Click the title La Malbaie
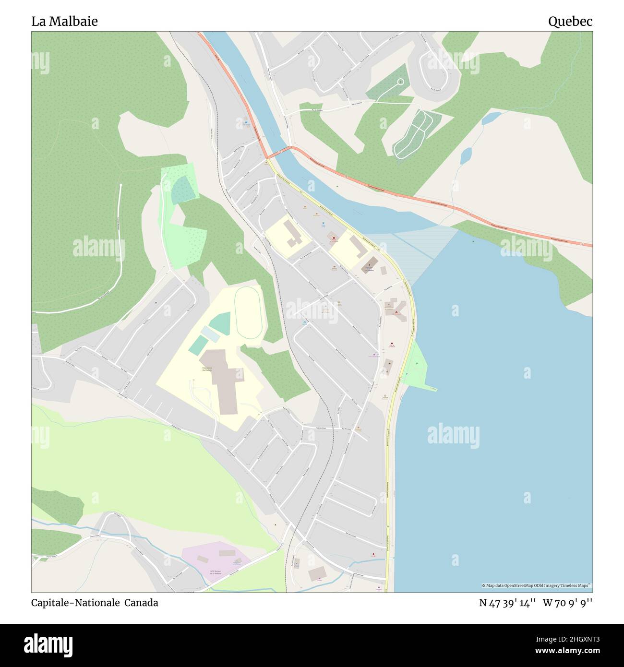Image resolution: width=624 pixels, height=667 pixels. point(64,21)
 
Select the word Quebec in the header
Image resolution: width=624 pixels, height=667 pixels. point(570,21)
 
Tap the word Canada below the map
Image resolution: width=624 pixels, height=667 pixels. point(142,603)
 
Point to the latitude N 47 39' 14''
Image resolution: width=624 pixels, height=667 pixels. point(507,603)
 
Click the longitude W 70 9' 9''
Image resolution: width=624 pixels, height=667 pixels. point(568,603)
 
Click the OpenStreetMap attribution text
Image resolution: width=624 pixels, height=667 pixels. point(536,585)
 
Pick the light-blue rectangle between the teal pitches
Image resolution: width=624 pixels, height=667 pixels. point(209,333)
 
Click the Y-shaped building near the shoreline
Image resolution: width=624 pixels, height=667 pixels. point(396,309)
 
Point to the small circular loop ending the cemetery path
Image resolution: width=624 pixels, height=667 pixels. point(400,82)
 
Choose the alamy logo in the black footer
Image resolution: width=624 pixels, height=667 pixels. point(48,644)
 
